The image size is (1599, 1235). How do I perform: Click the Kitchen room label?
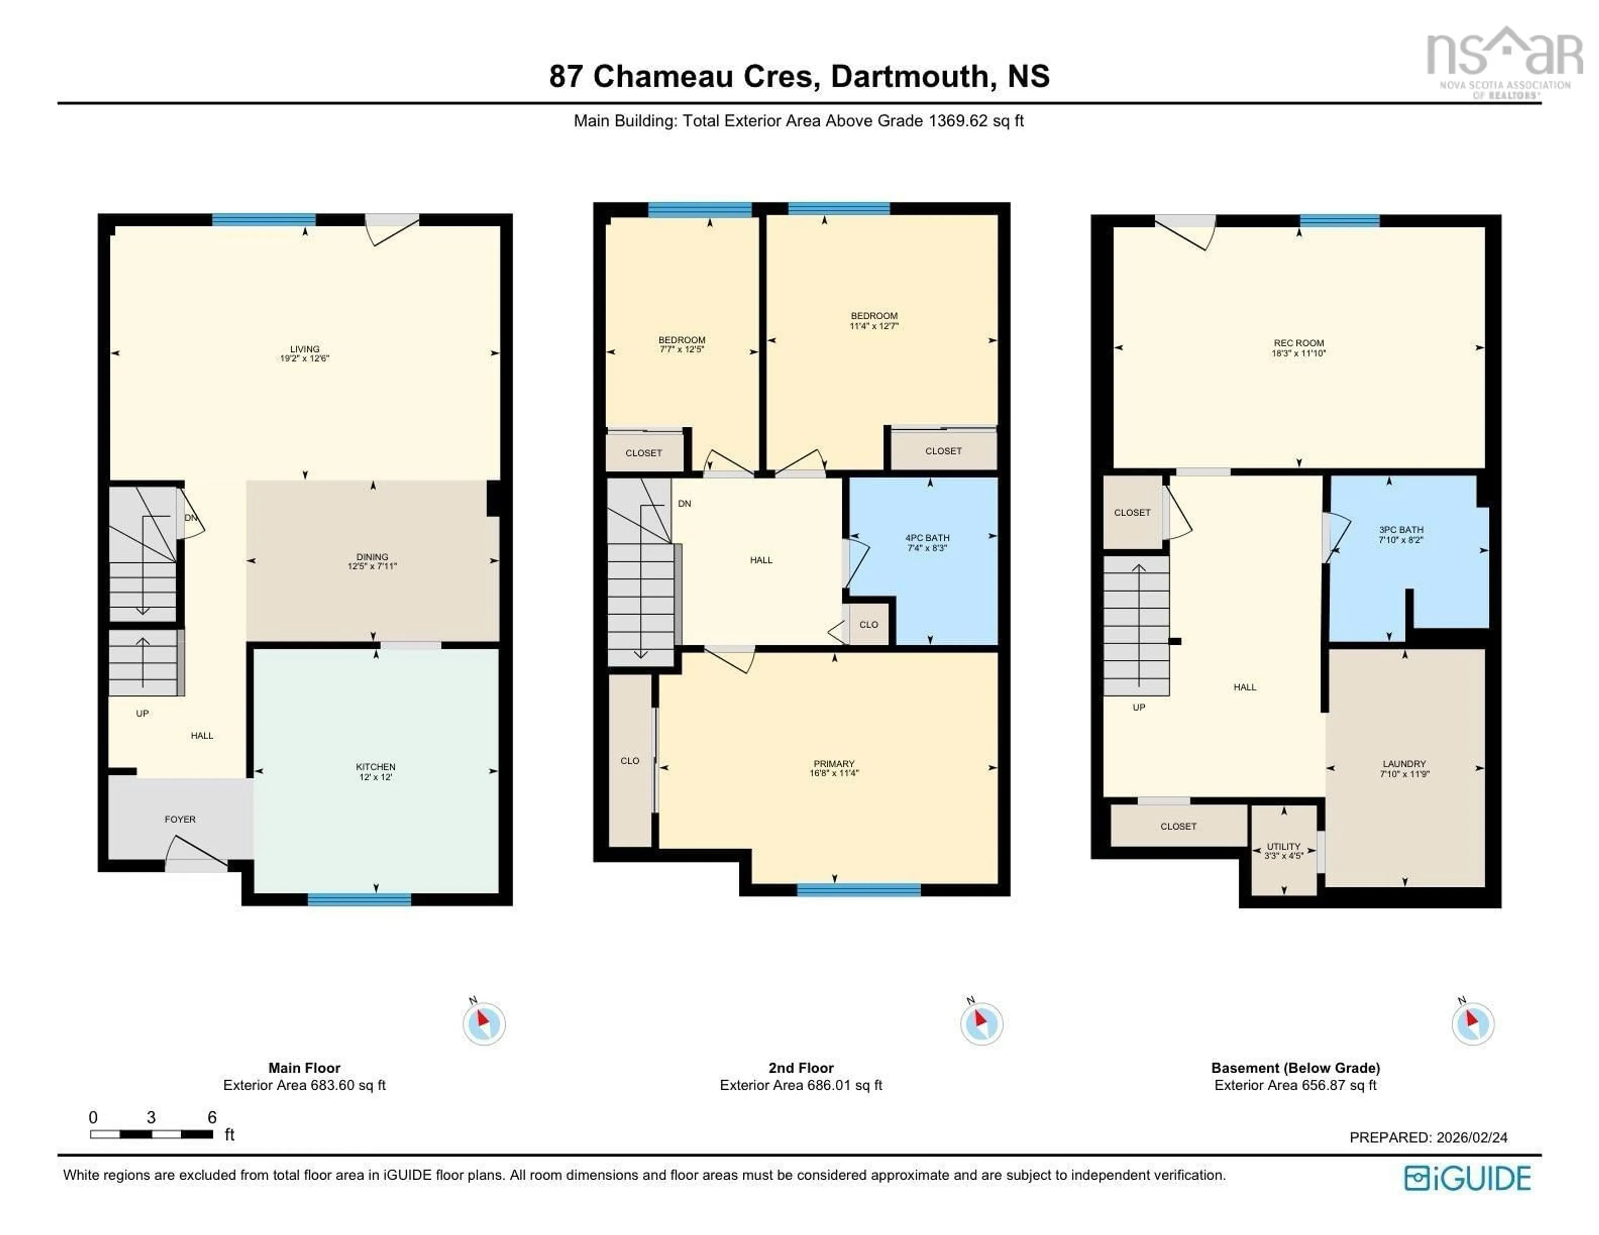(x=376, y=766)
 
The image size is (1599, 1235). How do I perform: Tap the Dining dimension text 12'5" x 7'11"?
(x=372, y=566)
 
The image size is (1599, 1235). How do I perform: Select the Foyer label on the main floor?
(x=180, y=819)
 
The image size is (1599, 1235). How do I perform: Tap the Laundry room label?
(x=1404, y=763)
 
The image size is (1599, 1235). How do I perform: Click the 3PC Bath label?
(x=1401, y=529)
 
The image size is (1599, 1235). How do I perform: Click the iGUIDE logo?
(x=1467, y=1178)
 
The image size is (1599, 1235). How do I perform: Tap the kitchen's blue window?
(x=359, y=899)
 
